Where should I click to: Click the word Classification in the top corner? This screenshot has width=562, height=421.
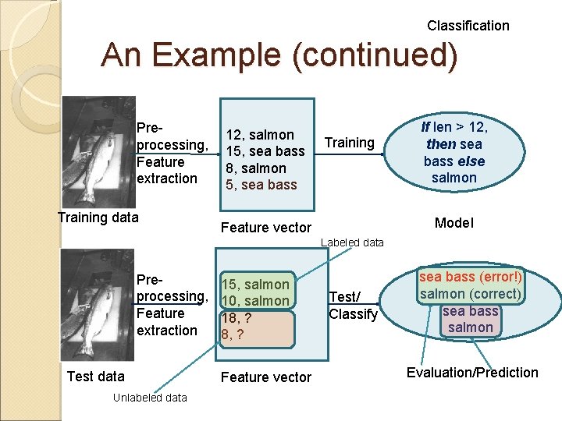click(468, 26)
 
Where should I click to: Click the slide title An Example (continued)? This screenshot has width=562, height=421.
click(279, 56)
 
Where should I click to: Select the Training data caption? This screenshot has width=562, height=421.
click(98, 218)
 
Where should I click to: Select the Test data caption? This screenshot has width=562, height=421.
click(95, 377)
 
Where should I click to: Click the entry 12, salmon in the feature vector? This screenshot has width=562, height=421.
click(260, 135)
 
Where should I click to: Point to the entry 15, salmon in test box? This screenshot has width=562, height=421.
click(255, 285)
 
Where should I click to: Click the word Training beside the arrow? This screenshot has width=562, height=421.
click(349, 143)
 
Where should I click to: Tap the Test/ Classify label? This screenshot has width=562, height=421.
click(353, 306)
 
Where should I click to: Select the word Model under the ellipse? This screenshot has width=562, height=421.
click(454, 223)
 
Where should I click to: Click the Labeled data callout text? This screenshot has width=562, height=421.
click(352, 242)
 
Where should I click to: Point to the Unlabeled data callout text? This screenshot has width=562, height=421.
click(150, 398)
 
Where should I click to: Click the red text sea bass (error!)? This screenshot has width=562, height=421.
click(471, 278)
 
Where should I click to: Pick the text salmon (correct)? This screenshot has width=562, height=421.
click(470, 294)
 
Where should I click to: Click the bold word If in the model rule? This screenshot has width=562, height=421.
click(425, 127)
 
